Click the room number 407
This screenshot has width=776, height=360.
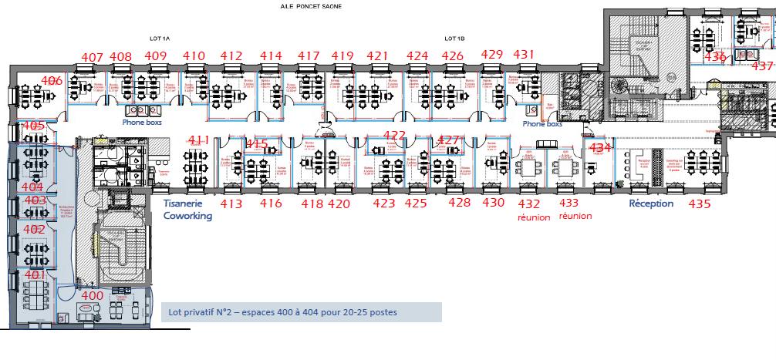(93, 56)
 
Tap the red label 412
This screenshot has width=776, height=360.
(231, 56)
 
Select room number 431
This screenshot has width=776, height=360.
(524, 54)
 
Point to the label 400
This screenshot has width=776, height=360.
(92, 295)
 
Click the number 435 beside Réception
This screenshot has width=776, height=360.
(699, 204)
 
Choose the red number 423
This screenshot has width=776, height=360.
(383, 204)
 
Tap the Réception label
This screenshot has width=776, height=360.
(651, 204)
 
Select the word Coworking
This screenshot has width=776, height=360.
(187, 216)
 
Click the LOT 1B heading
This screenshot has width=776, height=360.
(454, 38)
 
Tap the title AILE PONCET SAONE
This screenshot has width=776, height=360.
(312, 6)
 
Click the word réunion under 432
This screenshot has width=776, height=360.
(534, 217)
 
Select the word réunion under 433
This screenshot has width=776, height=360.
(575, 217)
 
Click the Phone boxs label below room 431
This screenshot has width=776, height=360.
(542, 123)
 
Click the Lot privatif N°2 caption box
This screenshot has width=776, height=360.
(301, 312)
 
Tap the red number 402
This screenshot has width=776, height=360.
(34, 230)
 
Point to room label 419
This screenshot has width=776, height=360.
(342, 56)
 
